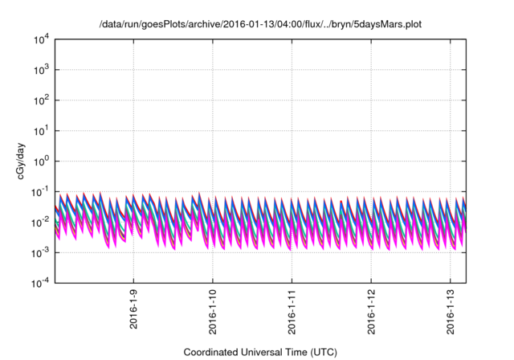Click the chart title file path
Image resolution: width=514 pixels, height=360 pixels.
260,25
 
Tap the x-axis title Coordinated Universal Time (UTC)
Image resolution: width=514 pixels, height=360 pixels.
260,352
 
